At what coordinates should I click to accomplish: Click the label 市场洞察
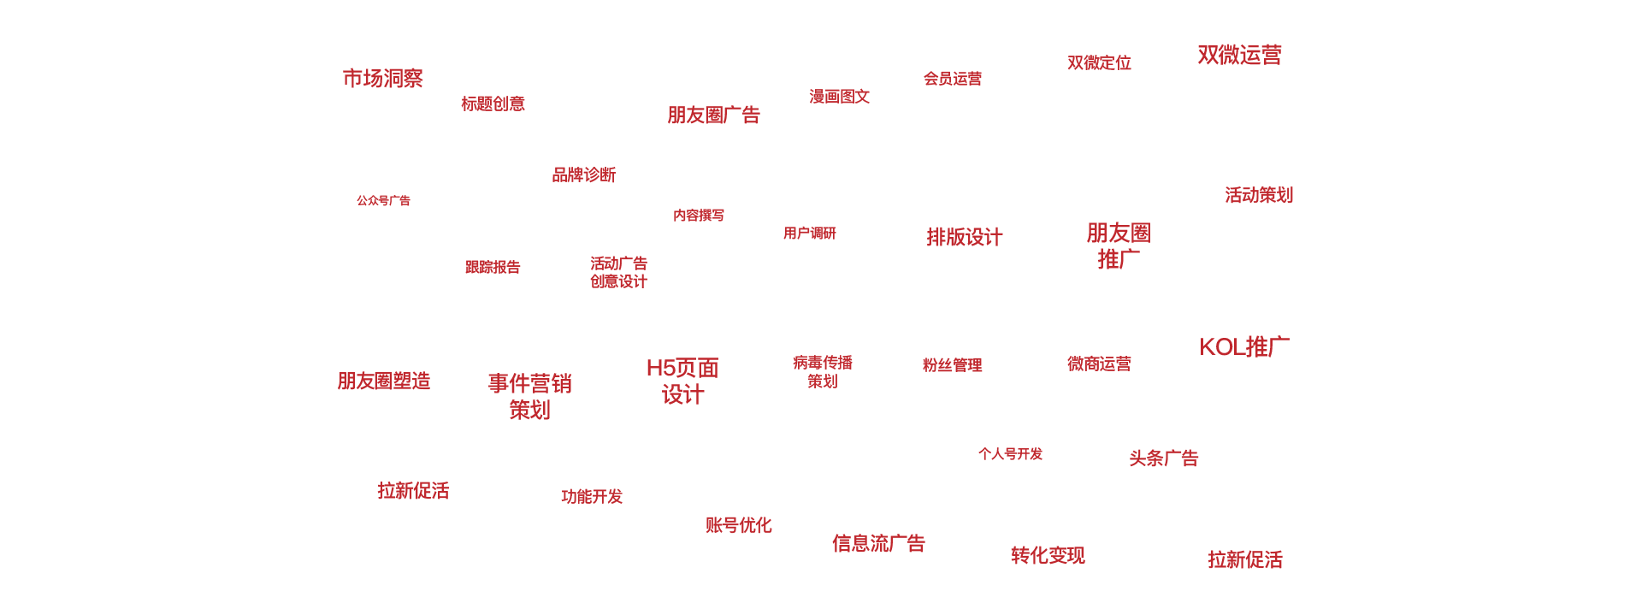pos(382,79)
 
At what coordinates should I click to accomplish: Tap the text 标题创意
pos(493,104)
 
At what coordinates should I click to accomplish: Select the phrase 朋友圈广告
pos(713,115)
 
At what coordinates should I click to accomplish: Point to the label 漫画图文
pos(839,97)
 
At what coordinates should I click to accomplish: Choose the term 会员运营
pos(952,79)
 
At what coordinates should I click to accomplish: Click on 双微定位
pos(1099,63)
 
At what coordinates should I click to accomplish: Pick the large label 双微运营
pos(1239,56)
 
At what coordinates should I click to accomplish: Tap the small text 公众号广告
pos(383,201)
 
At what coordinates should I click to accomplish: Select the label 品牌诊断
pos(583,175)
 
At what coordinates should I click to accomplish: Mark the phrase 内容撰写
pos(698,216)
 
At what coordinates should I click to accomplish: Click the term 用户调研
pos(809,234)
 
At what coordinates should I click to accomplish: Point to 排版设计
pos(964,238)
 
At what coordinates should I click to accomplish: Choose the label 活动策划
pos(1258,195)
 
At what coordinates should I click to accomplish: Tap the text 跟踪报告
pos(492,268)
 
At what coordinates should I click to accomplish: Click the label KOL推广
pos(1243,347)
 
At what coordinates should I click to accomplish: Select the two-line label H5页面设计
pos(682,381)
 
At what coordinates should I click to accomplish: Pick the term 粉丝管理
pos(952,365)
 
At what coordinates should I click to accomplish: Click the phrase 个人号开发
pos(1010,454)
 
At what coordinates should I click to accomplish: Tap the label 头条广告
pos(1163,458)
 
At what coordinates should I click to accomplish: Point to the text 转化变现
pos(1048,556)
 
